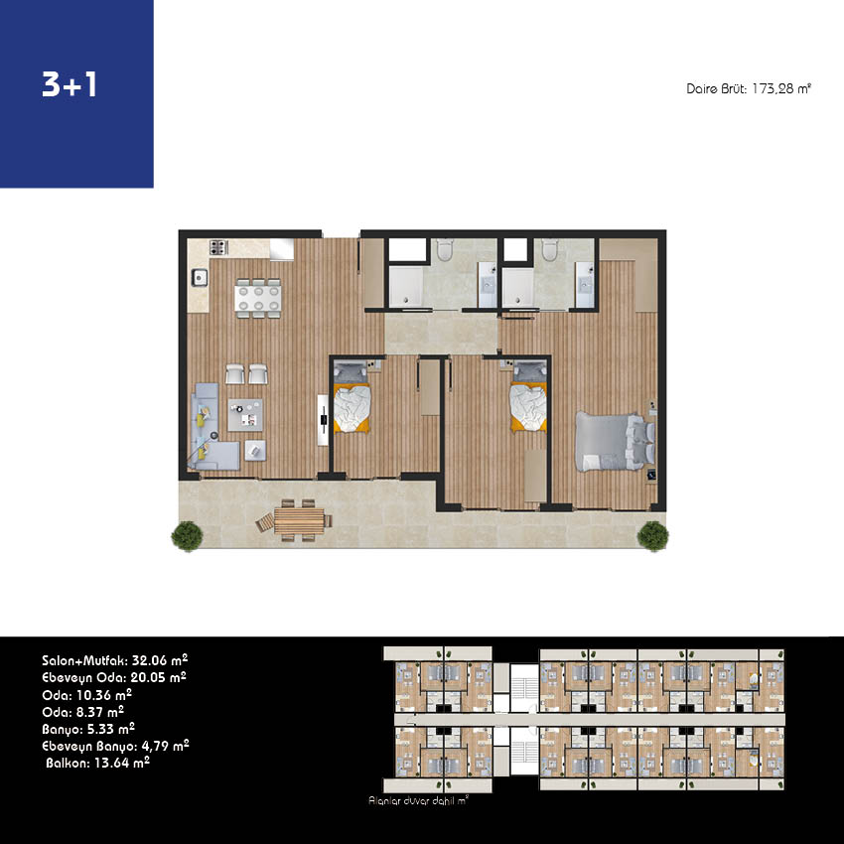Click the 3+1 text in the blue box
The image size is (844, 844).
pos(70,84)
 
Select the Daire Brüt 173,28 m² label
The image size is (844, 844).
pos(749,88)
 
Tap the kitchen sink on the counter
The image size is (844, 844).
pos(200,278)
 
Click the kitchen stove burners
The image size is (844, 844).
pos(218,247)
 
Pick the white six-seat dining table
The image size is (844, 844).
pos(258,298)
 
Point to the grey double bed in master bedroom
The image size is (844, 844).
pos(616,441)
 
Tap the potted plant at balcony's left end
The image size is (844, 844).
pos(188,536)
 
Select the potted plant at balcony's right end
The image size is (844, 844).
pos(653,536)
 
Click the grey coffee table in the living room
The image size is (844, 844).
pos(245,414)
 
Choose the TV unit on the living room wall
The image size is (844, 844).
pos(323,420)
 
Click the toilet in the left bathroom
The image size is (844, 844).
pos(445,250)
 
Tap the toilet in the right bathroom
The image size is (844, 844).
pos(549,250)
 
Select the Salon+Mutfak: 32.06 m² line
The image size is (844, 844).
pos(114,660)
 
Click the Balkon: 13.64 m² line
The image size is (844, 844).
pos(97,763)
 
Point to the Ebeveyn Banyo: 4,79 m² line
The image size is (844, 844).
pos(115,746)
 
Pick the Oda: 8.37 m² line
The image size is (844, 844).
pos(82,712)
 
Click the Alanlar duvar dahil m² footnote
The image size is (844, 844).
pos(418,800)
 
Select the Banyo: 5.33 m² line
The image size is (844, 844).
pos(88,729)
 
